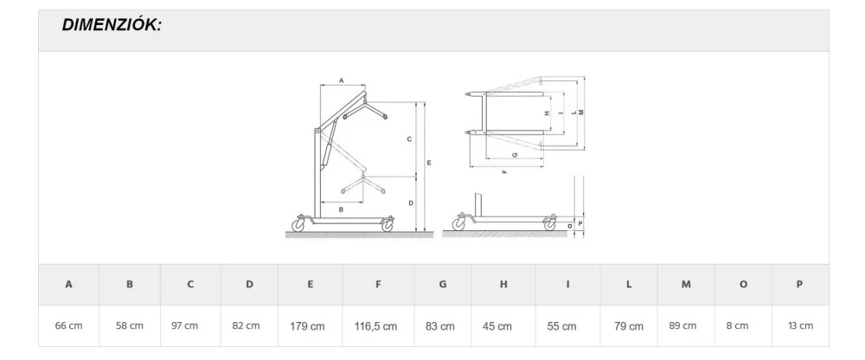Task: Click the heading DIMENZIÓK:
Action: click(x=112, y=25)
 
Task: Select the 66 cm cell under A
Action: click(x=68, y=325)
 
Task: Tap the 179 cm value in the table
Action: click(x=307, y=326)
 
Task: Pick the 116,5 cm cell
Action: click(x=375, y=326)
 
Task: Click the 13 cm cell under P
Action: click(x=800, y=325)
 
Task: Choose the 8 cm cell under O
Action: click(x=738, y=325)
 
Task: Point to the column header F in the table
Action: click(x=378, y=285)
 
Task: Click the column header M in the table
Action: click(x=686, y=285)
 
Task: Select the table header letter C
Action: click(x=190, y=285)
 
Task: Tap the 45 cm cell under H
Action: click(x=497, y=326)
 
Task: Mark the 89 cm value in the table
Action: click(x=682, y=325)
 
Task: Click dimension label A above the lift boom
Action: click(x=341, y=80)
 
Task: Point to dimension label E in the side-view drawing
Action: click(x=429, y=163)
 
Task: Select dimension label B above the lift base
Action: click(x=341, y=209)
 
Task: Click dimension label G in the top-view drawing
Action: click(x=514, y=155)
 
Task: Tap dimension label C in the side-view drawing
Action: click(x=409, y=139)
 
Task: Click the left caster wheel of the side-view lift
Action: click(x=298, y=224)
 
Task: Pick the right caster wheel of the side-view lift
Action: click(x=388, y=225)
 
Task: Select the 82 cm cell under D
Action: click(x=246, y=325)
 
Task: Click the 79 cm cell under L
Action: click(x=629, y=326)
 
